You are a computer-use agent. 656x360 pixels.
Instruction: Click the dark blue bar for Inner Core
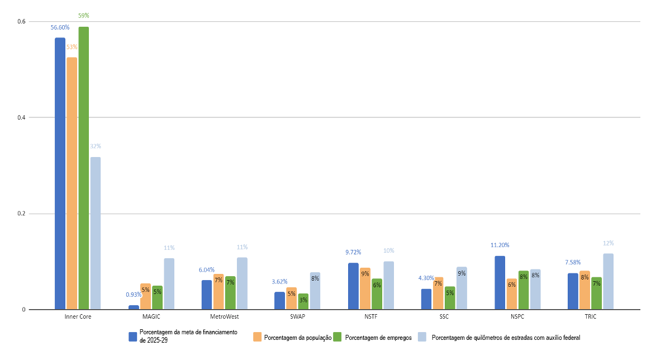pos(60,173)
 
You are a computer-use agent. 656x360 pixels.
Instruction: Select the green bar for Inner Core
pos(84,168)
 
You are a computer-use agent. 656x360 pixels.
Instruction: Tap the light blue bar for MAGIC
pos(169,283)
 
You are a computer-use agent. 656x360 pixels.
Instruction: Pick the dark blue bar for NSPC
pos(500,282)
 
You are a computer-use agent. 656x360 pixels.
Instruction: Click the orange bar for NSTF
pos(365,288)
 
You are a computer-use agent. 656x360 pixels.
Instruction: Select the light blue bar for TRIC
pos(607,281)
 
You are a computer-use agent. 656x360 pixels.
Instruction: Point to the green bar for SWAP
pos(303,301)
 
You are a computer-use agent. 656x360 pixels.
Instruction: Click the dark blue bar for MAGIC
pos(134,307)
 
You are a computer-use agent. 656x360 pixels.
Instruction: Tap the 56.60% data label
pos(60,27)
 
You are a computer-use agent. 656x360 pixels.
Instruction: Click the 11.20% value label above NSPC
pos(500,245)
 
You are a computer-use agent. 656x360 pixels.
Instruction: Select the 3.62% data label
pos(279,282)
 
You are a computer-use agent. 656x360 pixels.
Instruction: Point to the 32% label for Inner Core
pos(96,146)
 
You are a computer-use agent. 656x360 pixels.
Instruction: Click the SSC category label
pos(444,316)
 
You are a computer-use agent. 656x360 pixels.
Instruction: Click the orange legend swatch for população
pos(258,337)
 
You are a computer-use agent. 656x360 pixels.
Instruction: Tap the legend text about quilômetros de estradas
pos(507,337)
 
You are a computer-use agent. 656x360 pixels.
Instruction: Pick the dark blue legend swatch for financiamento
pos(133,337)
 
